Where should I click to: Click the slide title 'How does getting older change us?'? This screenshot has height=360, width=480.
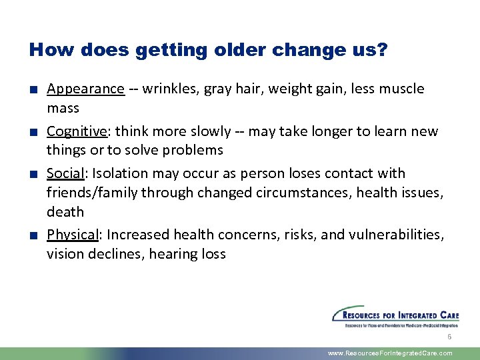[x=208, y=50]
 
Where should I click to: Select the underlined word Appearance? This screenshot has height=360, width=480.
[x=85, y=89]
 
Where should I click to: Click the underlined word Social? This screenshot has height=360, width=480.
[x=65, y=173]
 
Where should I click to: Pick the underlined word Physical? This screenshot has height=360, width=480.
[x=73, y=235]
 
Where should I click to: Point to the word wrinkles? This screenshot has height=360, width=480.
[x=167, y=89]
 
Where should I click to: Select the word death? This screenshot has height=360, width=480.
[x=65, y=212]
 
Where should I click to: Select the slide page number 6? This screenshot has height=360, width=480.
[x=449, y=337]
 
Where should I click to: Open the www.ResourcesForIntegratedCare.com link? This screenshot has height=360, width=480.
[x=390, y=353]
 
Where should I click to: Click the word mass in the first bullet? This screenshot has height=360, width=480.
[x=63, y=109]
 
